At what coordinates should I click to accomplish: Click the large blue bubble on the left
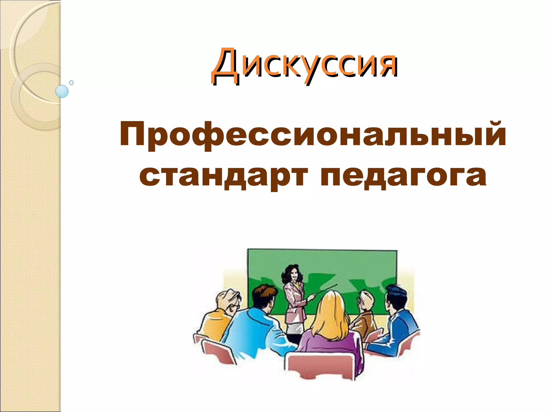tap(62, 91)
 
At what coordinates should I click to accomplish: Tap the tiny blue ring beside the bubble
tap(71, 83)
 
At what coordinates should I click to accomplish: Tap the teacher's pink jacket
tap(294, 300)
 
